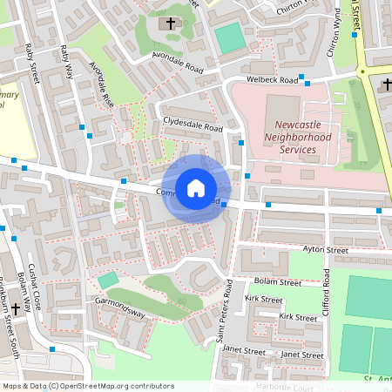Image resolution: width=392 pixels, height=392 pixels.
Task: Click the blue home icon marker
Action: pos(196,188)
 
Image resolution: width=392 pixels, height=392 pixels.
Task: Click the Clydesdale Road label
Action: pos(193,124)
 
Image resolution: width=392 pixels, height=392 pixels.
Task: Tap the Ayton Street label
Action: pos(325,250)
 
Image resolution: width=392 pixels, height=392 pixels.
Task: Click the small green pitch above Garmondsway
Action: pos(107,280)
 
